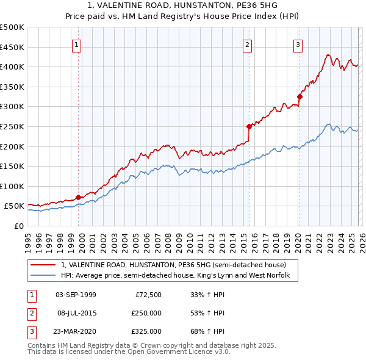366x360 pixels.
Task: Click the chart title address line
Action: (182, 5)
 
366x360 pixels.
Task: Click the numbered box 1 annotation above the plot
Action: (77, 44)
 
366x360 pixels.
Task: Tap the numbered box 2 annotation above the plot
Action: (248, 44)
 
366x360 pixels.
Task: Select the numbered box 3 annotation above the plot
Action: (298, 44)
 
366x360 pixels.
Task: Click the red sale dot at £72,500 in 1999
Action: (78, 197)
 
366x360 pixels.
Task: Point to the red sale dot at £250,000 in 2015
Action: (249, 127)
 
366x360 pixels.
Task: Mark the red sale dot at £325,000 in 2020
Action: (300, 96)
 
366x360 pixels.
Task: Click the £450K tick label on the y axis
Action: (12, 47)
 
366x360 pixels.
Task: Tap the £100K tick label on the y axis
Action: (12, 186)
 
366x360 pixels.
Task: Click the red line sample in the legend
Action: (44, 265)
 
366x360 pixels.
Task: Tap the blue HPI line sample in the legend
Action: (44, 276)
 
